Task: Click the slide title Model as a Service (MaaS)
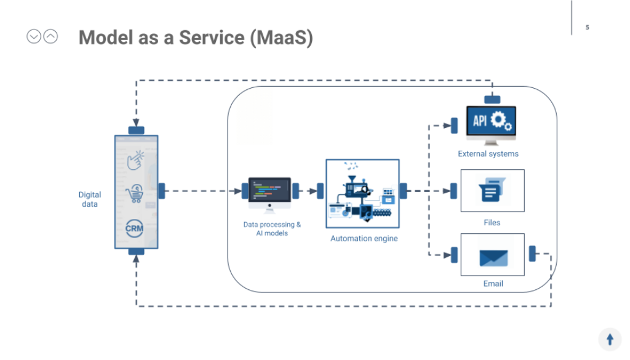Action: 196,38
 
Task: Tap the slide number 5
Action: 587,27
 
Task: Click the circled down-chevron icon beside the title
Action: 34,37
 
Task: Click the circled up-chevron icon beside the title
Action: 50,37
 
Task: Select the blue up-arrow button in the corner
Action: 610,339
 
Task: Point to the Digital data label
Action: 90,199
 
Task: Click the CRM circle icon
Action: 135,228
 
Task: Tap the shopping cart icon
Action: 134,194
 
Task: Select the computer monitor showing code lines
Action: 269,193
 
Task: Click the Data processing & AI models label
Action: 272,229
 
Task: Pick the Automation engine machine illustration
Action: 362,193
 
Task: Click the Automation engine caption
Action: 364,239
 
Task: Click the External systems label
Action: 488,154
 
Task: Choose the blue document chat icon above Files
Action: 492,190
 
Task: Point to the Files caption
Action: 492,223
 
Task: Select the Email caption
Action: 493,284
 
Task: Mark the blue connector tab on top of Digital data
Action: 136,130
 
